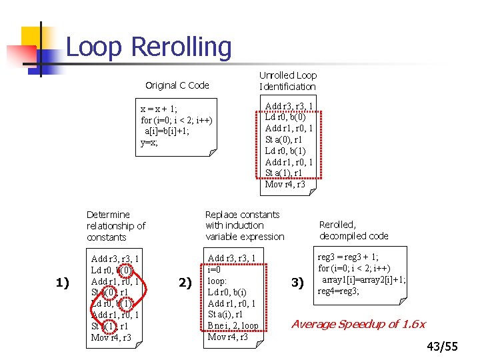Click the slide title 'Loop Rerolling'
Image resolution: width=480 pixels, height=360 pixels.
(x=149, y=47)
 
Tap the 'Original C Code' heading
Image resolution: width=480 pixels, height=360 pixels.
(x=177, y=85)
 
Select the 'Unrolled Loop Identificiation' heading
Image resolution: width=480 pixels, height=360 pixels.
(x=288, y=81)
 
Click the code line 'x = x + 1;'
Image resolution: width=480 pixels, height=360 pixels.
(x=159, y=109)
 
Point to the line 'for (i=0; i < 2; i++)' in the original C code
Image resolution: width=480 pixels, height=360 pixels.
(x=177, y=121)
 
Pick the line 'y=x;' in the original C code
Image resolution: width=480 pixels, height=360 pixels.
(x=149, y=143)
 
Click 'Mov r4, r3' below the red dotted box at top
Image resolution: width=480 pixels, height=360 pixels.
(x=285, y=185)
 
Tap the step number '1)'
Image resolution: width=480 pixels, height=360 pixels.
(x=62, y=283)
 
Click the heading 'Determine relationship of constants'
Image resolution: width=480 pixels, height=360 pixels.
(x=116, y=226)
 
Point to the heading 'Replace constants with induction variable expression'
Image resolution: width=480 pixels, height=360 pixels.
(x=245, y=225)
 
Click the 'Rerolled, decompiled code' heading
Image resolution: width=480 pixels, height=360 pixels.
(x=353, y=230)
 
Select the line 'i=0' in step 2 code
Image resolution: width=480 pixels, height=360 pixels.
(x=215, y=269)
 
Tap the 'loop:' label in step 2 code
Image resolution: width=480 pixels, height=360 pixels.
(x=219, y=281)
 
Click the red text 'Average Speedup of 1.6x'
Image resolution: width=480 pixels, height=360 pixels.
(x=359, y=324)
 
